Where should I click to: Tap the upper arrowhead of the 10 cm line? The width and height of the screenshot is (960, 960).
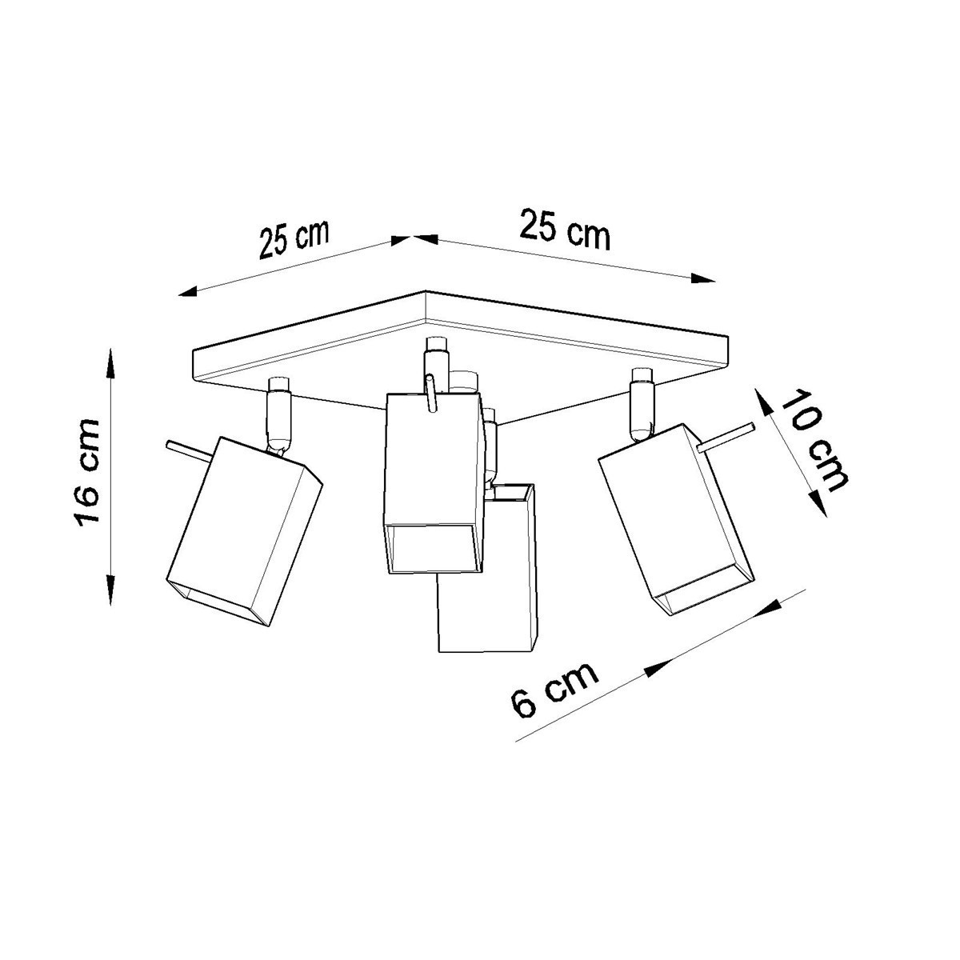[762, 399]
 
